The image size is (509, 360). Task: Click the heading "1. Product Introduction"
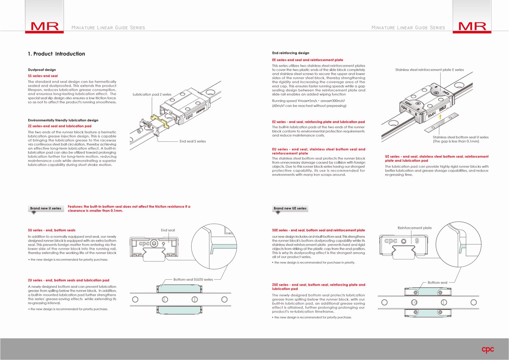56,54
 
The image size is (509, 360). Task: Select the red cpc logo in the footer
488,349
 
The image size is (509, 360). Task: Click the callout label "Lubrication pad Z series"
152,94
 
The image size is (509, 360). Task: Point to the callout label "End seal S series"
193,141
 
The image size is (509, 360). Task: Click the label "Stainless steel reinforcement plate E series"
430,70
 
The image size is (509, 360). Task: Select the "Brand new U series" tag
45,208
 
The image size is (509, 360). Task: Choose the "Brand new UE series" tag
290,208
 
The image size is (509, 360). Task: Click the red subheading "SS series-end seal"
43,76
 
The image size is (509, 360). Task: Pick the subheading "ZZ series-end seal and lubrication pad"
59,126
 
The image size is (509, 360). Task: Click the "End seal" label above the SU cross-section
168,230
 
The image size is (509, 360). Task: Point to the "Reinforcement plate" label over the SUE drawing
414,228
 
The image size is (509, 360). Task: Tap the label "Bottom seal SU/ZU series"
193,279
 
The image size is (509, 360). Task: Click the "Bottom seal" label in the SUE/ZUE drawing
437,282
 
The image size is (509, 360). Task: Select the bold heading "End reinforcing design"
291,53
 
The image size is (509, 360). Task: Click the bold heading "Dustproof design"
42,70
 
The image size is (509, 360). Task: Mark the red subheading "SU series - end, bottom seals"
51,230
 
